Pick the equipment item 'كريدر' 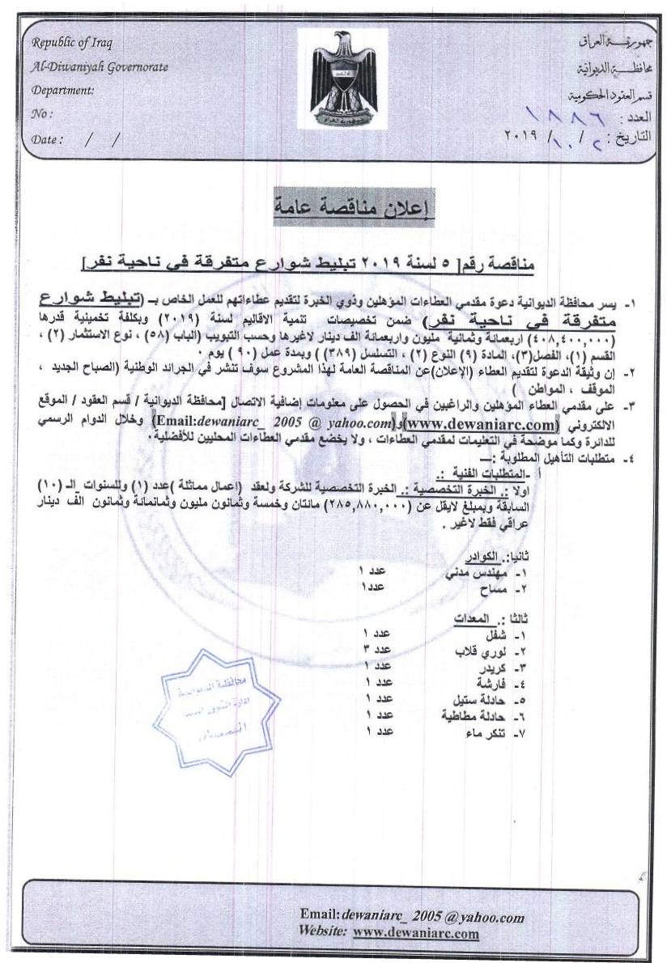[495, 667]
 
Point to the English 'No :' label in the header [42, 114]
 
